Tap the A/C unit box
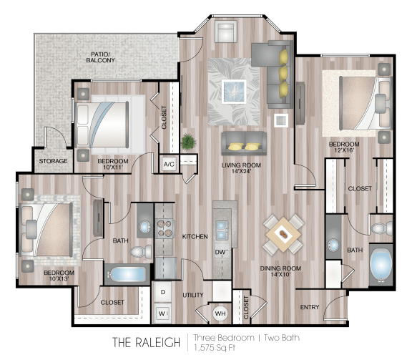click(x=170, y=163)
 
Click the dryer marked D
click(x=162, y=293)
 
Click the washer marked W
click(x=162, y=312)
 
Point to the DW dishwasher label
click(x=221, y=253)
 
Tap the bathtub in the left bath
click(x=126, y=274)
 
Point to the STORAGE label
click(x=53, y=161)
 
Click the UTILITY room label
click(x=193, y=294)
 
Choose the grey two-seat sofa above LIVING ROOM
click(x=242, y=142)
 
